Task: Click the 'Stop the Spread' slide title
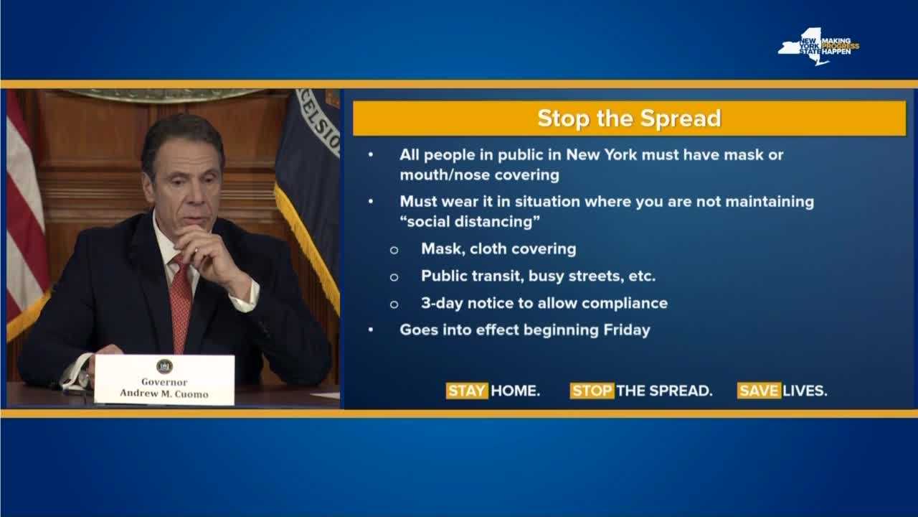629,118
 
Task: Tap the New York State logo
818,47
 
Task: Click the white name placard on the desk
164,380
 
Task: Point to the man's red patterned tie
180,303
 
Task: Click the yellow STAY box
467,391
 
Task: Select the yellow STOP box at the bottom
592,391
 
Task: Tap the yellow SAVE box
759,391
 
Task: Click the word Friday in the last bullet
627,330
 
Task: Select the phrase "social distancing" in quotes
470,222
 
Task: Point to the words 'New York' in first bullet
602,154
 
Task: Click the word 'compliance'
625,304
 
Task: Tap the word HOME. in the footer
516,391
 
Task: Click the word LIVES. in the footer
805,391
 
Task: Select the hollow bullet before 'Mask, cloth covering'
394,250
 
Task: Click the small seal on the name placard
164,366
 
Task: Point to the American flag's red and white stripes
24,213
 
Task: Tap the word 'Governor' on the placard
164,382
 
